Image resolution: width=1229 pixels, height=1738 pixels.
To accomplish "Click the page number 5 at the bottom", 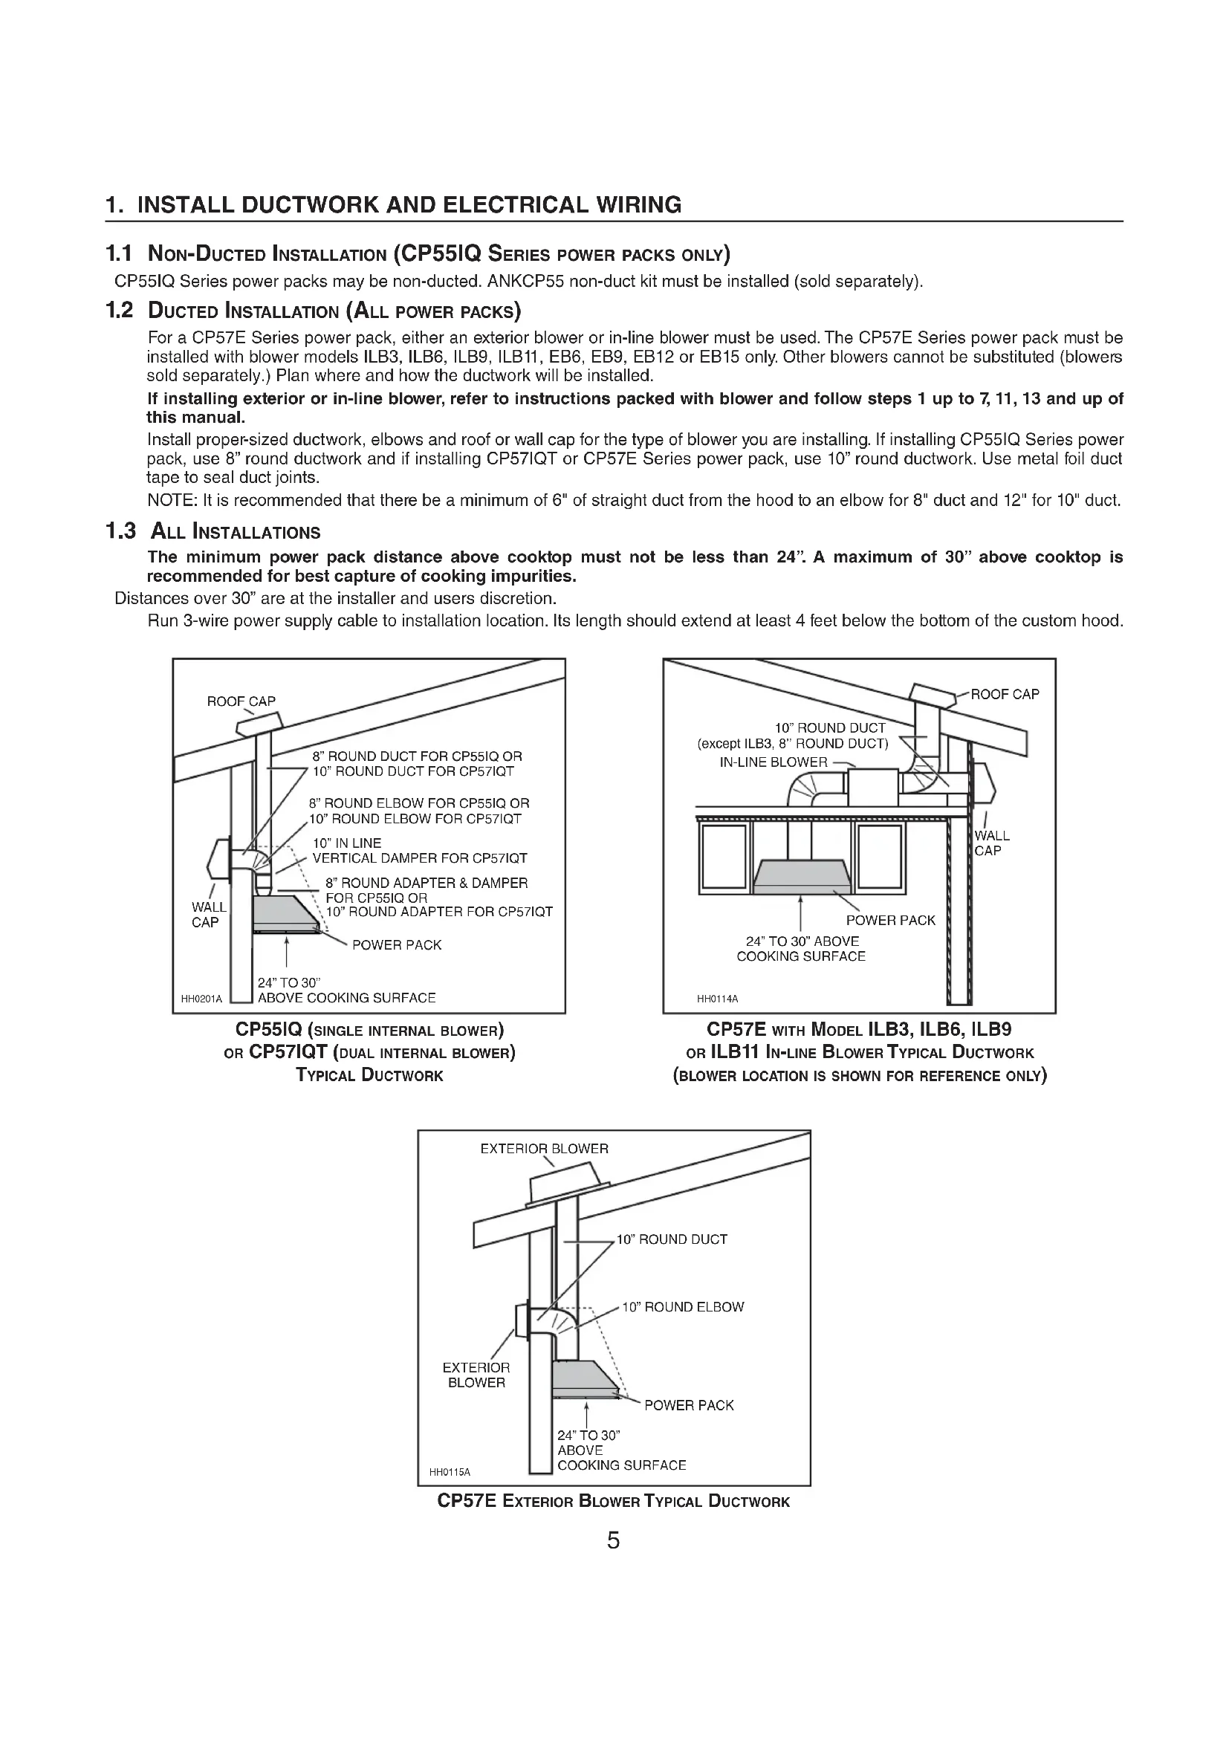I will pyautogui.click(x=613, y=1540).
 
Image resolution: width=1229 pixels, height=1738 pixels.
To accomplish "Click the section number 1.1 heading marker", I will pyautogui.click(x=119, y=253).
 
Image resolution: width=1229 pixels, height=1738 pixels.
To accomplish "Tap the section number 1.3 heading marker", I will pyautogui.click(x=120, y=531).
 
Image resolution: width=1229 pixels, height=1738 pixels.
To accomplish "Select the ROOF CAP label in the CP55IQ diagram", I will pyautogui.click(x=241, y=701).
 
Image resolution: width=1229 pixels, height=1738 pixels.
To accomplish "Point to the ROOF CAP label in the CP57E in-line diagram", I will pyautogui.click(x=1005, y=694).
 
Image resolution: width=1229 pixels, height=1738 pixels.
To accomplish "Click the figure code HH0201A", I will pyautogui.click(x=201, y=999).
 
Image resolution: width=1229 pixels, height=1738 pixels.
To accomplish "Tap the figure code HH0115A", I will pyautogui.click(x=450, y=1472).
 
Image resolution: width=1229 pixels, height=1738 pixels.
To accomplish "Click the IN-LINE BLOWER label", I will pyautogui.click(x=773, y=762).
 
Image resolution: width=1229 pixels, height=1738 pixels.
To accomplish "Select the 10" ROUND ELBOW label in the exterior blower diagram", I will pyautogui.click(x=683, y=1307).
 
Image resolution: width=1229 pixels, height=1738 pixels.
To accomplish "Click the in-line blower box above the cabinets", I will pyautogui.click(x=872, y=787).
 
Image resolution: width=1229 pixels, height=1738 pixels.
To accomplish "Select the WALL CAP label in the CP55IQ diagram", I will pyautogui.click(x=208, y=915).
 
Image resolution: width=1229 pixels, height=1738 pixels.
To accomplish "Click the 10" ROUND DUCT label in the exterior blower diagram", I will pyautogui.click(x=671, y=1240).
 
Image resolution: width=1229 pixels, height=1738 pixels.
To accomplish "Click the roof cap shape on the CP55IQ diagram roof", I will pyautogui.click(x=259, y=724).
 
